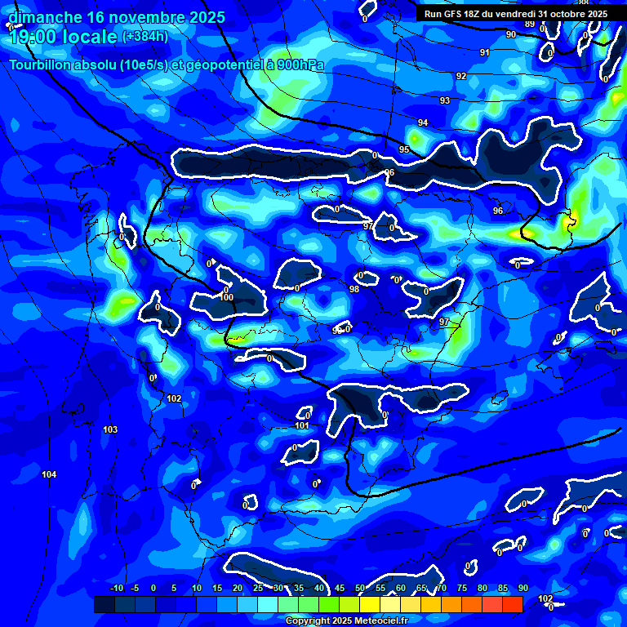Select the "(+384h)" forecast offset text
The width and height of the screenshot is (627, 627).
tap(145, 36)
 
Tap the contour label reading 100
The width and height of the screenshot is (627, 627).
tap(227, 297)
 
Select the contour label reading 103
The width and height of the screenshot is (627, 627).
tap(111, 429)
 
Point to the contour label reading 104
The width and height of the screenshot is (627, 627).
tap(49, 474)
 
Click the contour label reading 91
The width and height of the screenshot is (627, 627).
tap(485, 52)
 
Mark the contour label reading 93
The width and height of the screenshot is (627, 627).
tap(445, 100)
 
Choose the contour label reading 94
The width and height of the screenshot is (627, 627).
tap(423, 122)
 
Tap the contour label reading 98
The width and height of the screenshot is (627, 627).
tap(354, 289)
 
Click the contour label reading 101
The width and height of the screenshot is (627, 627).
tap(301, 425)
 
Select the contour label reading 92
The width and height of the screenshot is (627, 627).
tap(461, 76)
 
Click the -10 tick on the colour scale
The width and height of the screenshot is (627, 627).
tap(117, 588)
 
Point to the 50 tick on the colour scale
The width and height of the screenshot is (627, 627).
tap(360, 588)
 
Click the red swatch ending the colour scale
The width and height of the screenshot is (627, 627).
tap(512, 604)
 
